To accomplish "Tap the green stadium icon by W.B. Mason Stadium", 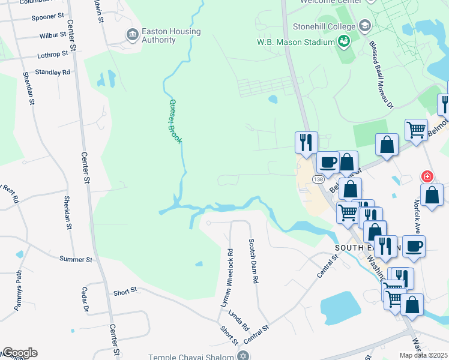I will tap(344, 41).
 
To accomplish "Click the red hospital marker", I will tap(427, 176).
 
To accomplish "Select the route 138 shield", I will tap(318, 179).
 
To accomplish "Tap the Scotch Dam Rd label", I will tap(253, 260).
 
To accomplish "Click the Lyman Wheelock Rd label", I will tap(229, 278).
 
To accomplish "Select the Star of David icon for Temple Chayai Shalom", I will tap(243, 356).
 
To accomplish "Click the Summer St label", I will tap(76, 259).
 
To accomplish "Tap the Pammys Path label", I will tap(18, 292).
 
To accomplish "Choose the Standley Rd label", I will tap(53, 72).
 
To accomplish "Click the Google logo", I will tap(20, 353).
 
